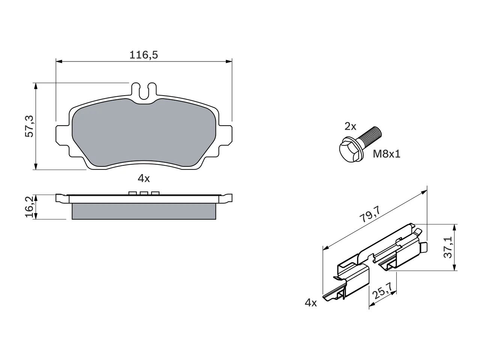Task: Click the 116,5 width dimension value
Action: coord(144,55)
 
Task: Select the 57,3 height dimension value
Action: coord(30,126)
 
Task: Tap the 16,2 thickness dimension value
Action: coord(30,207)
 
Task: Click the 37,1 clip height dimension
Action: coord(448,247)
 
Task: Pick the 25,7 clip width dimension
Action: coord(382,291)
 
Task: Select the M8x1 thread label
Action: coord(386,154)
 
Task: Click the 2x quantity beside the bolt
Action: coord(350,126)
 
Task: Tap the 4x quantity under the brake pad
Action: coord(144,178)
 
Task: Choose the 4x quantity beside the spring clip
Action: coord(311,303)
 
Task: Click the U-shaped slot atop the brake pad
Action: coord(144,92)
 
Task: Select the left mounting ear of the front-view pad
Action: coord(63,135)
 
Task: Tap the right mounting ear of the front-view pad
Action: coord(225,135)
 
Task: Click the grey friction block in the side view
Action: coord(144,211)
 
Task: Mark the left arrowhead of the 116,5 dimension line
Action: coord(59,61)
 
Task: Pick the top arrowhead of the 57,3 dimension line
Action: coord(36,86)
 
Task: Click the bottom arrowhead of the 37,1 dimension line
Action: coord(454,267)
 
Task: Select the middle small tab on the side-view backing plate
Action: coord(144,193)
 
